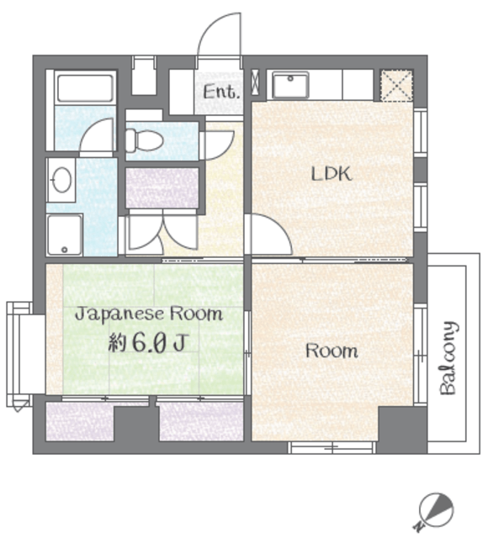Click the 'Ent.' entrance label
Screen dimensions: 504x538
pos(220,92)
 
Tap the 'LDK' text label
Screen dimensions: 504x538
pos(332,174)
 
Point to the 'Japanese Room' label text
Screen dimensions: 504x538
pos(149,314)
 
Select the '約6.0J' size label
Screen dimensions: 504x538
pos(148,343)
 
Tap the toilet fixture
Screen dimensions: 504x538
pos(144,140)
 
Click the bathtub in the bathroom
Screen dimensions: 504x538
pos(85,87)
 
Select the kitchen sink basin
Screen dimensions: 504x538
pos(290,85)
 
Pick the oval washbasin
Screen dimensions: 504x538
pos(61,179)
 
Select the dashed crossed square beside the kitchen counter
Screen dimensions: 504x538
pos(397,86)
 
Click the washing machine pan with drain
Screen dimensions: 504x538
pos(65,235)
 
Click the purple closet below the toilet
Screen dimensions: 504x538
pos(162,187)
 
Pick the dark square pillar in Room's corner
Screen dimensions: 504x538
pos(402,430)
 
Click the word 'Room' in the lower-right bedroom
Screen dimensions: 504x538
pos(332,351)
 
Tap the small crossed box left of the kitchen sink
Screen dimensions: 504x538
pos(256,82)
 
